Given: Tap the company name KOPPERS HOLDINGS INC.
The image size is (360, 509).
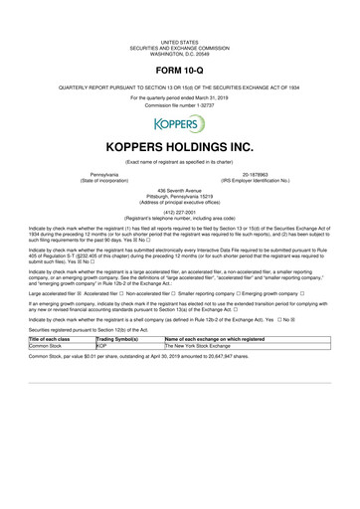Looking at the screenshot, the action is [x=179, y=150].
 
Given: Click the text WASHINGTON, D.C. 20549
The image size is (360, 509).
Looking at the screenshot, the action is [x=179, y=50].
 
